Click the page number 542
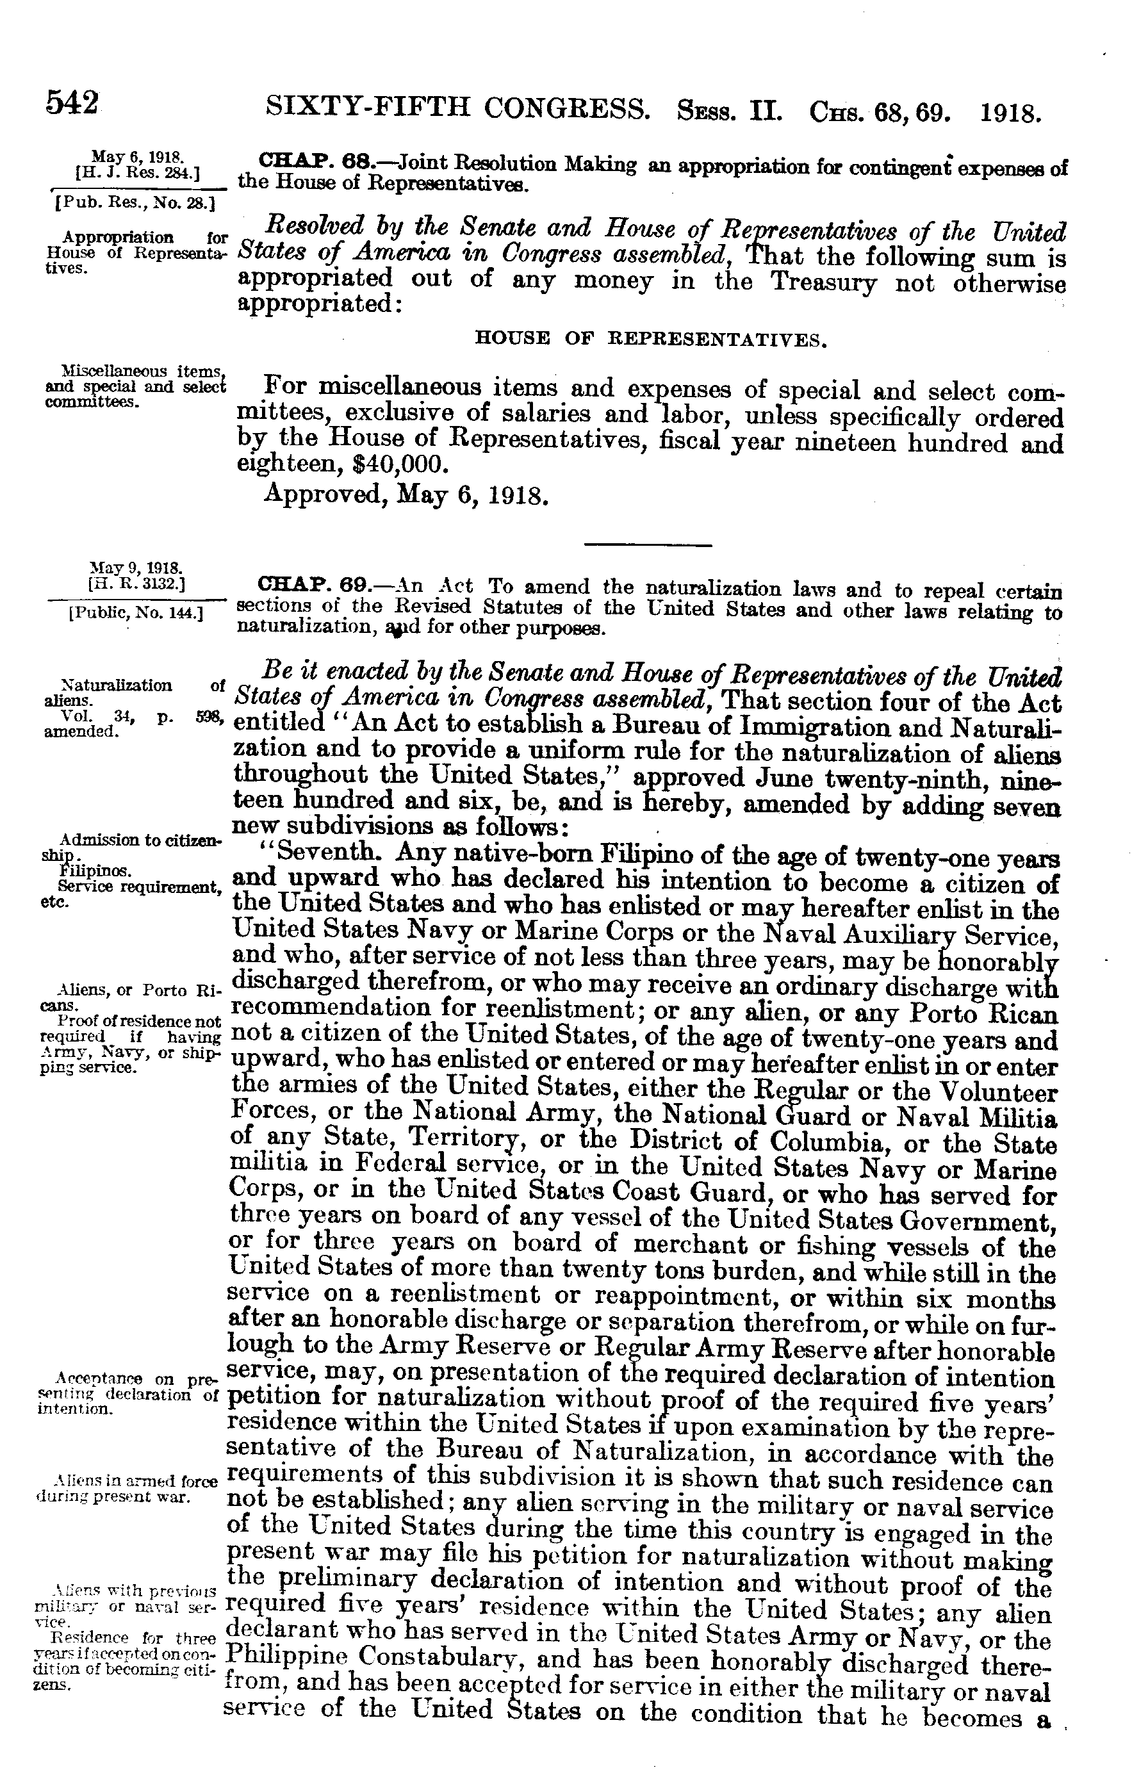point(72,102)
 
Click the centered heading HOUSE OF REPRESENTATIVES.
point(650,340)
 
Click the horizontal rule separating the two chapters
point(648,546)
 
